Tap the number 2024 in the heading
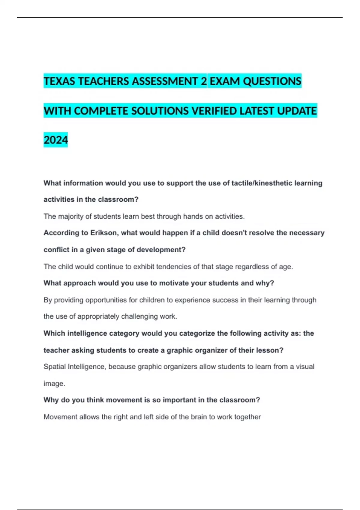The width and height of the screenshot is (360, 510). pyautogui.click(x=56, y=140)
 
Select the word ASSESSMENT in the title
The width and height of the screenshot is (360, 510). pyautogui.click(x=165, y=81)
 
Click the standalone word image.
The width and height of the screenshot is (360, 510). pyautogui.click(x=54, y=384)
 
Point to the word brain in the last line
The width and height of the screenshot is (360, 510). pyautogui.click(x=199, y=417)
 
